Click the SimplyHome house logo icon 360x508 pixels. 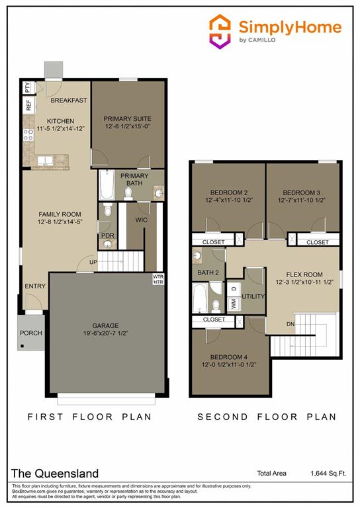220,30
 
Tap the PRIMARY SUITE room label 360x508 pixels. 127,119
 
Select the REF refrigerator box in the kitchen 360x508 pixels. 28,105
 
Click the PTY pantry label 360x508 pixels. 27,87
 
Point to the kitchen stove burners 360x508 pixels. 29,136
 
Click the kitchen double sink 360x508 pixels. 45,160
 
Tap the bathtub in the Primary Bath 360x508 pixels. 107,185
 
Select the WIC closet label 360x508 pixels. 141,219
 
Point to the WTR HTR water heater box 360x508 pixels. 158,279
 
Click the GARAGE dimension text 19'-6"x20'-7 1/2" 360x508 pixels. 105,334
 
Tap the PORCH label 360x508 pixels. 30,333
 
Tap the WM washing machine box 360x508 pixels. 233,304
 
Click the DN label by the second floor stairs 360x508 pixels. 290,324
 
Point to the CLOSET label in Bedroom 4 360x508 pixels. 214,319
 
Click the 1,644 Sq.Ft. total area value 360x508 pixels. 329,473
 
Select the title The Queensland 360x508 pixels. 55,474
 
